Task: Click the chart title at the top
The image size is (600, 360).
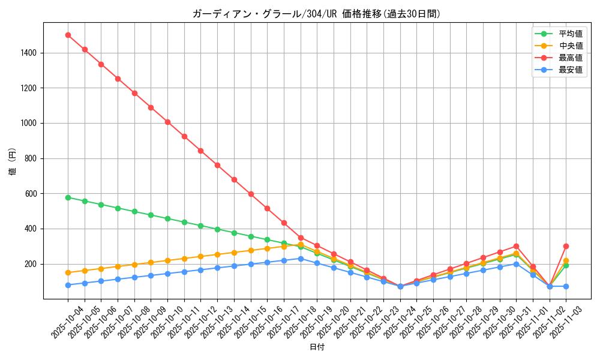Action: point(316,14)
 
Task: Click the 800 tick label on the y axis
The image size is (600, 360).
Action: point(30,158)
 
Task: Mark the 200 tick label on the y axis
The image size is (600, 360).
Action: point(30,264)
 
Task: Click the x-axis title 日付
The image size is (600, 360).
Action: point(317,347)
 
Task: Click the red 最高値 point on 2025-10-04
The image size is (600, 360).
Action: point(68,35)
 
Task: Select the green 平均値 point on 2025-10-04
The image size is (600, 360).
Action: point(68,197)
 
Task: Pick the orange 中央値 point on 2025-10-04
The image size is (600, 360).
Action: point(68,272)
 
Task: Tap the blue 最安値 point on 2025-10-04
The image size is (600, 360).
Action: point(68,285)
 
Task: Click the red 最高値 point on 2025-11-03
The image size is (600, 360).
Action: point(566,246)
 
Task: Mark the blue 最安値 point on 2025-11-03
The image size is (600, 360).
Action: point(566,286)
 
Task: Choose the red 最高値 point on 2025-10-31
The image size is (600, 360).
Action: point(516,246)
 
